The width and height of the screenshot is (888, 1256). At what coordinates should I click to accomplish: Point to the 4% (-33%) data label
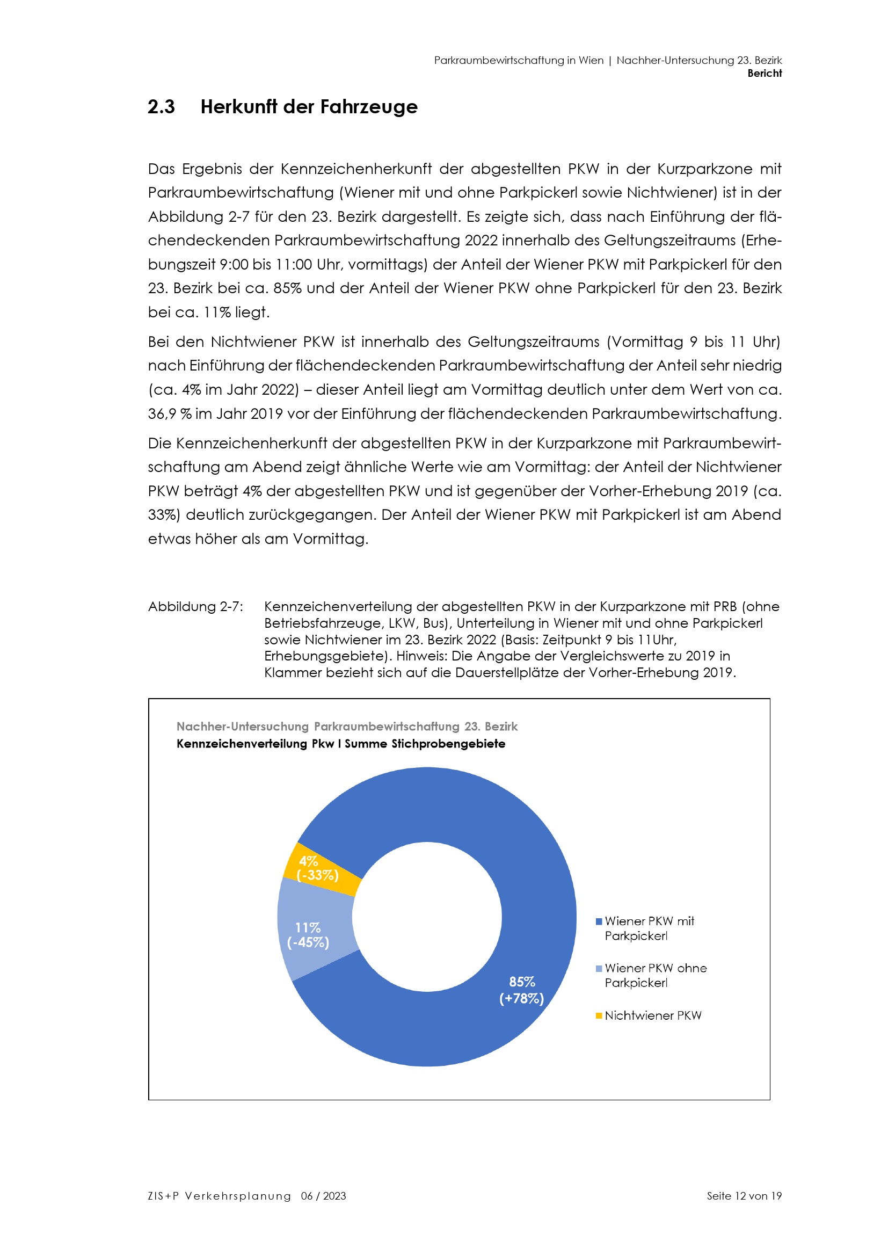[317, 868]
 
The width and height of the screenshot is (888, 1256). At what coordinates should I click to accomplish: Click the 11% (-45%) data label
[308, 935]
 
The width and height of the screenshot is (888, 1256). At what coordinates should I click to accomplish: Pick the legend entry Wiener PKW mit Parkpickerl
[649, 928]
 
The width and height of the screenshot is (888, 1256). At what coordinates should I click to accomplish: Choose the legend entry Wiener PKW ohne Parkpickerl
[655, 975]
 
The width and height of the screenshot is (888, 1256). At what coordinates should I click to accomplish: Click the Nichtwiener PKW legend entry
[652, 1015]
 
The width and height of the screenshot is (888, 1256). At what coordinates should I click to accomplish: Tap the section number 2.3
[161, 107]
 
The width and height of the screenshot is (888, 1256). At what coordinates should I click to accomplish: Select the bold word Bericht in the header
[765, 74]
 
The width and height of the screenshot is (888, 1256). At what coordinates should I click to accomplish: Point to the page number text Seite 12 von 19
[744, 1196]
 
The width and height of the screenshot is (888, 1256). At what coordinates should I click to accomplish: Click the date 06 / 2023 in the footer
[323, 1196]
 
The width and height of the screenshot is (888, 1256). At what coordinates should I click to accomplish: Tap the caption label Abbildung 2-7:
[196, 607]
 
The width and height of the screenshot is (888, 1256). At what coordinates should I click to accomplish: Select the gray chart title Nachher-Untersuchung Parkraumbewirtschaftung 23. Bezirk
[347, 727]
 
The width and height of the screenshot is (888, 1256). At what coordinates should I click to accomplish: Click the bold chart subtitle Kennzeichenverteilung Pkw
[255, 744]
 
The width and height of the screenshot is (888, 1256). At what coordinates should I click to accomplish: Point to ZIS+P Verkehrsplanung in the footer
[219, 1196]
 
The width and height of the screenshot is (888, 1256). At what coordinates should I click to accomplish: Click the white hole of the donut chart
[427, 917]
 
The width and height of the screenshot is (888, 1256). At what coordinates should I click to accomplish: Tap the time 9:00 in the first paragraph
[234, 265]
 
